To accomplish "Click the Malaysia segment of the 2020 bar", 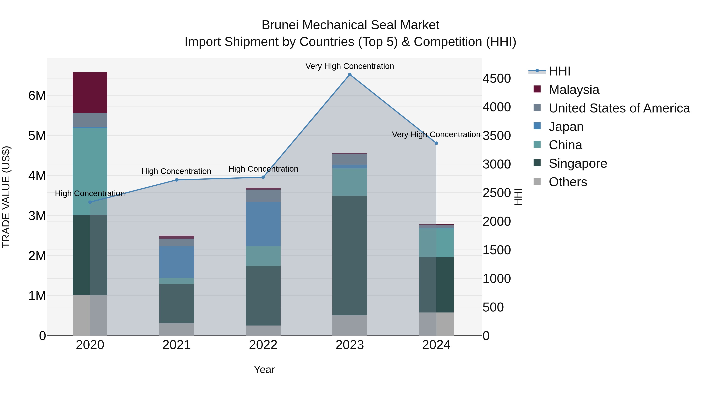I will click(90, 92).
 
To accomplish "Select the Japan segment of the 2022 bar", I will click(263, 224).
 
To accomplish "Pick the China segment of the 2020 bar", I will click(90, 171).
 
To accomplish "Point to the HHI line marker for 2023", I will click(350, 75).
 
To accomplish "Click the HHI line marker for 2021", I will click(176, 180).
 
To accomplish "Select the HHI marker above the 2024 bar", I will click(436, 143).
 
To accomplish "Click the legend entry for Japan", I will click(566, 127).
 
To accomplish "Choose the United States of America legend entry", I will click(619, 108).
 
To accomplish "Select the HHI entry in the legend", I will click(559, 71).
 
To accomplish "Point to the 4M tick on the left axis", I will click(37, 176).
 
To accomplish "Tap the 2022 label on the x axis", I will click(263, 345).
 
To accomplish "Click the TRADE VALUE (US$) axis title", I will click(6, 197).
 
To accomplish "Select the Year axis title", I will click(264, 369).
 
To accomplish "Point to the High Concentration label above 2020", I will click(90, 193).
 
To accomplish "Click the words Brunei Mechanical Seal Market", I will click(350, 25).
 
